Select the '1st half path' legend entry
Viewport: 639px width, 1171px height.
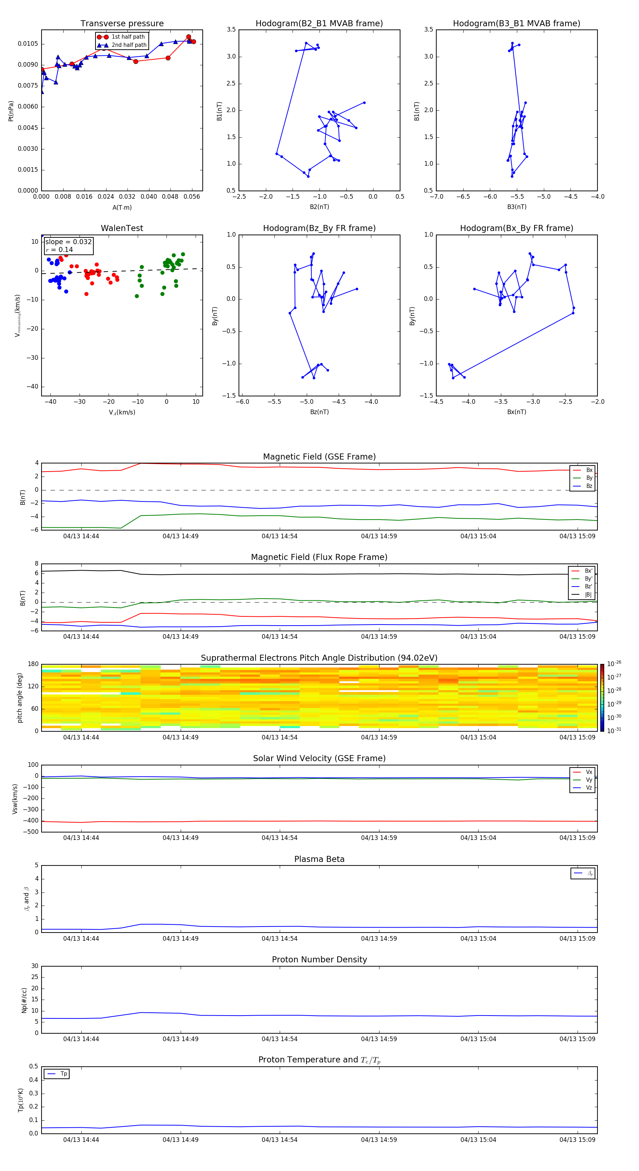[x=128, y=37]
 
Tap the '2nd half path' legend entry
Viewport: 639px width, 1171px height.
[x=129, y=45]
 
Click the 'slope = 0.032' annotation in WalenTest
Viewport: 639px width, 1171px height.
[x=68, y=242]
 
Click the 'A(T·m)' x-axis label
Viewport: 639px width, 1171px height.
[x=122, y=208]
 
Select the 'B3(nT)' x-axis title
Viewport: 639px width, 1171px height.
[x=517, y=207]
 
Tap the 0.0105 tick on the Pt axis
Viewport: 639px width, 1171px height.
[x=28, y=44]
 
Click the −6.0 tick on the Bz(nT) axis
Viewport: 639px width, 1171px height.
[x=242, y=402]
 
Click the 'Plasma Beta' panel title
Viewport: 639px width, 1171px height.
[x=319, y=859]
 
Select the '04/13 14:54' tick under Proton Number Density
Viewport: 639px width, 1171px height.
[x=279, y=1039]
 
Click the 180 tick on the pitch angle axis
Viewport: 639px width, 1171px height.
[x=33, y=664]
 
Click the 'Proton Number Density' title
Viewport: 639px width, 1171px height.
[x=319, y=960]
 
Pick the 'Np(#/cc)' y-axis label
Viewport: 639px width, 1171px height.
[x=24, y=1000]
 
